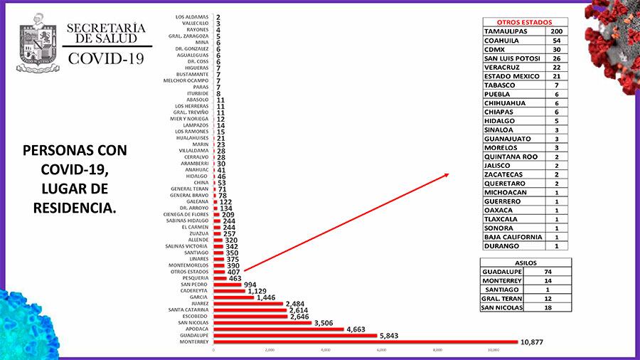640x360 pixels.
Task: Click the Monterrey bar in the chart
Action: (366, 342)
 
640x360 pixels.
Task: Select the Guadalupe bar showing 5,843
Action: (295, 335)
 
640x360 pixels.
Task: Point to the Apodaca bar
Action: (279, 329)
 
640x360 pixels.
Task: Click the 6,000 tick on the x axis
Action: (381, 350)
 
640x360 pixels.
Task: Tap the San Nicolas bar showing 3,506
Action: (262, 322)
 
